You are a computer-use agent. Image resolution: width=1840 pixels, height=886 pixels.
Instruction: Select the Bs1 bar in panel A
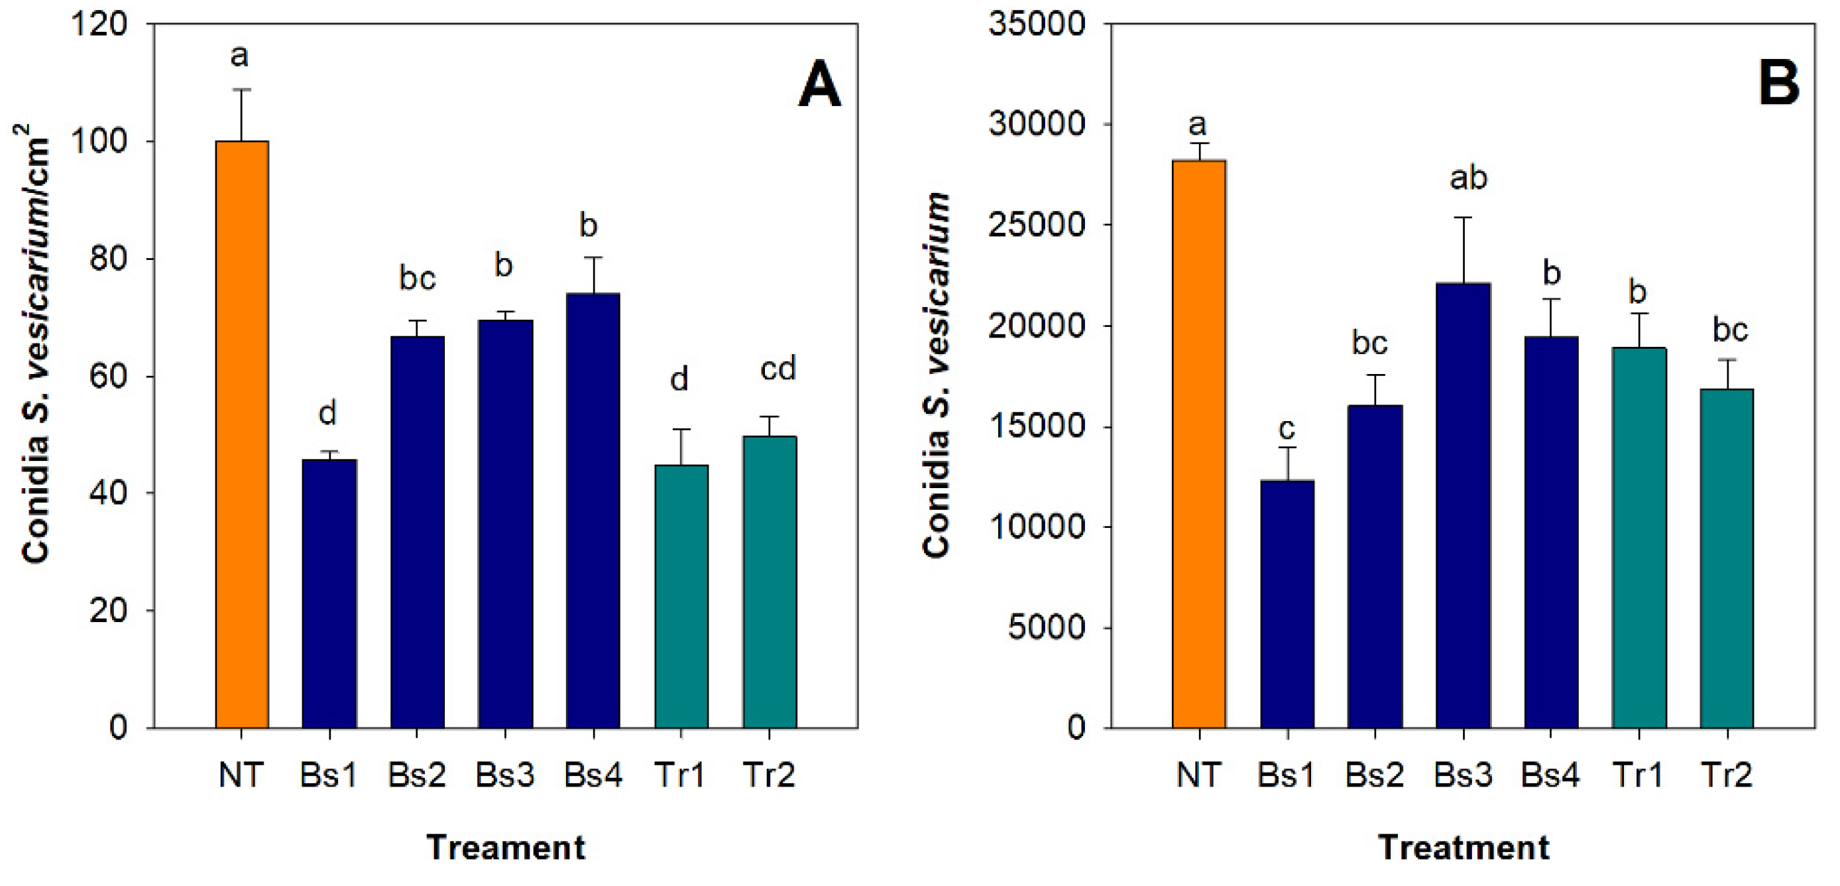point(329,593)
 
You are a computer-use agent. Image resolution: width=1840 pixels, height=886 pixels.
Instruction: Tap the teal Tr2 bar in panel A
point(770,582)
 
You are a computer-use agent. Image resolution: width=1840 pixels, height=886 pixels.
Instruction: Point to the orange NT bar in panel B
point(1198,444)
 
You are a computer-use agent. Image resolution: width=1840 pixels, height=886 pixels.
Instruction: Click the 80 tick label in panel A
point(108,259)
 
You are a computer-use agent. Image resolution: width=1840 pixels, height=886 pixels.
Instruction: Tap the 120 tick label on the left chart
point(99,25)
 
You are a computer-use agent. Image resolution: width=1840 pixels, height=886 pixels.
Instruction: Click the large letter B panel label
point(1778,83)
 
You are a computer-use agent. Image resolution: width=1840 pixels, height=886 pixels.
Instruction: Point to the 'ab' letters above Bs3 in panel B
point(1468,178)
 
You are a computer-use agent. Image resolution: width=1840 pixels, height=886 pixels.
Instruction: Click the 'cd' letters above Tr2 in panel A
point(777,369)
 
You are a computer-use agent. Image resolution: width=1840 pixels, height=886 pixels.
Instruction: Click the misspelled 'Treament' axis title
point(506,848)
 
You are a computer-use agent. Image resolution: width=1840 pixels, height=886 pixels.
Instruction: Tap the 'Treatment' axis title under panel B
point(1463,848)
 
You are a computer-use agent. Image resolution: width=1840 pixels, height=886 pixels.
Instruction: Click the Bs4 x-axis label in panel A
point(593,775)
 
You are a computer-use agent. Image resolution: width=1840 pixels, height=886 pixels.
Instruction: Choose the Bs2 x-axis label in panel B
point(1374,775)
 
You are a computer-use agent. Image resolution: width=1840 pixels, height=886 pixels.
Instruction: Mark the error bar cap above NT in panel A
point(241,90)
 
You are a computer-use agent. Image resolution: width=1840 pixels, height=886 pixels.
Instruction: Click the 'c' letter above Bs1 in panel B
point(1287,428)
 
